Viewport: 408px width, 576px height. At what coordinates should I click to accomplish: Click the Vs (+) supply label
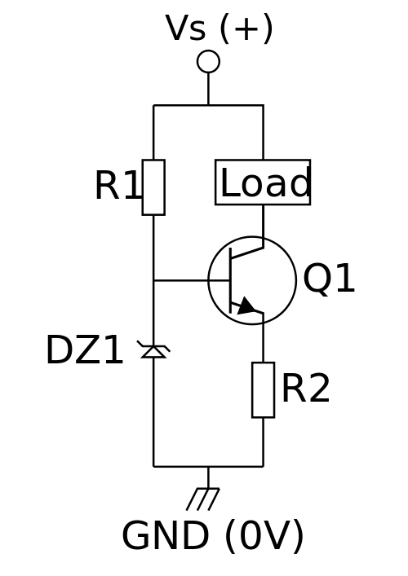tap(220, 29)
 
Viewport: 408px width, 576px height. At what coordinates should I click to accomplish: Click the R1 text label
tap(118, 185)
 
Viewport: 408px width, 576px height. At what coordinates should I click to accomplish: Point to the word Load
tap(266, 182)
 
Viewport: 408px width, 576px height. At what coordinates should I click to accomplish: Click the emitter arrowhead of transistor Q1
tap(246, 306)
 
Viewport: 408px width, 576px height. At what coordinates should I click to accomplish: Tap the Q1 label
tap(329, 278)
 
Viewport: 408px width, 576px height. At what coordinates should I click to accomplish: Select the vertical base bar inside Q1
tap(230, 280)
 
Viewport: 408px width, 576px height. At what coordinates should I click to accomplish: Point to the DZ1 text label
tap(84, 350)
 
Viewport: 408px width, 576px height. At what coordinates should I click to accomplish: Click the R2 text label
tap(306, 389)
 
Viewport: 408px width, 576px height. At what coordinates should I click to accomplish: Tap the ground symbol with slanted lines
tap(203, 499)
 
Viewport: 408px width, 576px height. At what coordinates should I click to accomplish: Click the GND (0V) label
tap(213, 536)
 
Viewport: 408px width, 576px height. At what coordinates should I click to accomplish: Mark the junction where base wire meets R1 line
tap(153, 280)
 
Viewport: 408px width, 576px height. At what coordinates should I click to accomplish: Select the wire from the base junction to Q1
tap(192, 280)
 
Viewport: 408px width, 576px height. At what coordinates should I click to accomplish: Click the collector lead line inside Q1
tap(247, 253)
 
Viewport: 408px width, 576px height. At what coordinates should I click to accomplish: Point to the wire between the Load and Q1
tap(263, 226)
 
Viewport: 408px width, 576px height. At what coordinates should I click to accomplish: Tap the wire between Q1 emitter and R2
tap(263, 337)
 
